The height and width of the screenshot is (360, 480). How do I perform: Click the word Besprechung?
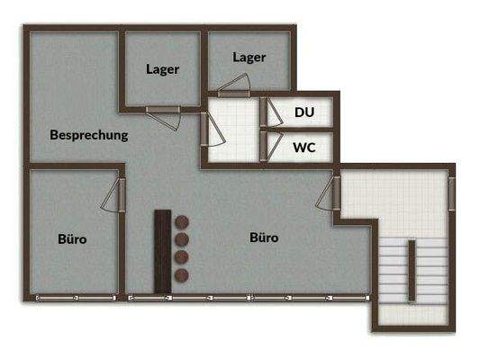[89, 135]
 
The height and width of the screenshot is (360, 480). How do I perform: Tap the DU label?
[303, 112]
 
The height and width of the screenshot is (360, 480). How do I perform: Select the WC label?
[303, 148]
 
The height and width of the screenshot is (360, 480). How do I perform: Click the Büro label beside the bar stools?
[263, 238]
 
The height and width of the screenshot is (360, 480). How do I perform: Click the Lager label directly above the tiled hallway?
[249, 57]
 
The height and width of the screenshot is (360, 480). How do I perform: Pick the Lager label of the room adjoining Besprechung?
[162, 68]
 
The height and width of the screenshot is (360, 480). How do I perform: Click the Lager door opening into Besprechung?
[165, 111]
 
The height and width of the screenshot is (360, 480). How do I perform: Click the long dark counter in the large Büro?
[163, 250]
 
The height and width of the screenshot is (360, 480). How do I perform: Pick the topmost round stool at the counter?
[180, 221]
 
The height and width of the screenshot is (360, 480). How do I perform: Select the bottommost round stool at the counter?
[180, 274]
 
